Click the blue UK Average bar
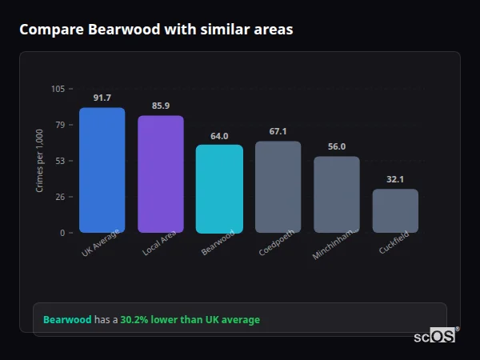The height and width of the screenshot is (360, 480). tap(102, 170)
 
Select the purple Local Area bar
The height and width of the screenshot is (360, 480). tap(161, 174)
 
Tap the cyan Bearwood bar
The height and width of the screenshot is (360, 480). tap(219, 189)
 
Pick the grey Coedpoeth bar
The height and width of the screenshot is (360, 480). tap(278, 187)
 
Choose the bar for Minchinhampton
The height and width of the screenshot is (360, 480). tap(337, 194)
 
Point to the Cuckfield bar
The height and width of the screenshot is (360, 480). tap(395, 211)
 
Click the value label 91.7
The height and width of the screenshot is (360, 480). tap(102, 98)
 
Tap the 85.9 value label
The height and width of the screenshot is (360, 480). tap(161, 106)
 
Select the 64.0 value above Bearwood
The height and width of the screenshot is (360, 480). tap(219, 136)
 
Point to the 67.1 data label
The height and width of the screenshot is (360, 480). tap(278, 131)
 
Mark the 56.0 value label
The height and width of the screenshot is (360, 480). tap(337, 146)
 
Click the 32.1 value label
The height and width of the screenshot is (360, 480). tap(395, 179)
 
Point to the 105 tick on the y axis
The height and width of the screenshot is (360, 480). tap(58, 89)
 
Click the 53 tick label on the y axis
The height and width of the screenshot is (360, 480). tap(60, 161)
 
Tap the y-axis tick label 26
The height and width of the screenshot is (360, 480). tap(60, 197)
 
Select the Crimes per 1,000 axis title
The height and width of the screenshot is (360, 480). tap(40, 161)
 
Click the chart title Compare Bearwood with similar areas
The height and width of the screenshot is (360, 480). tap(156, 30)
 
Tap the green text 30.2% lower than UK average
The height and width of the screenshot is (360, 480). tap(190, 320)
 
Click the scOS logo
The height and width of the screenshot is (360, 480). tap(435, 336)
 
